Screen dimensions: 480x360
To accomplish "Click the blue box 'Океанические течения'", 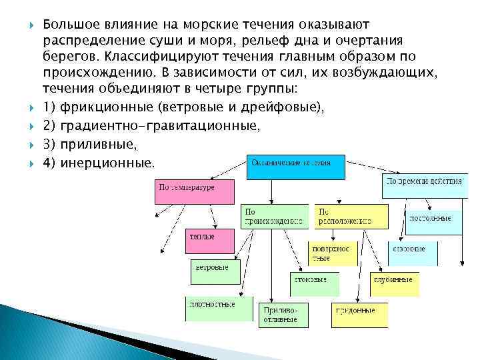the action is pos(297,167).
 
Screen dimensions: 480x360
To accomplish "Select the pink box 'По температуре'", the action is pos(196,191).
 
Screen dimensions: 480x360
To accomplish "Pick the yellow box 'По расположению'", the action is pos(351,217).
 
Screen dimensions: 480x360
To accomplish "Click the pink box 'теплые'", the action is pos(209,241).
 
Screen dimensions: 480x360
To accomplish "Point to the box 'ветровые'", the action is pos(215,271).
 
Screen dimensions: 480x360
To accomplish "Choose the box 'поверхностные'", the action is pos(333,254).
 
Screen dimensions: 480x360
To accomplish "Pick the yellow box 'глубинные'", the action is pos(395,283).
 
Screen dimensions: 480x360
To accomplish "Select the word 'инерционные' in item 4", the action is pos(106,163).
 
